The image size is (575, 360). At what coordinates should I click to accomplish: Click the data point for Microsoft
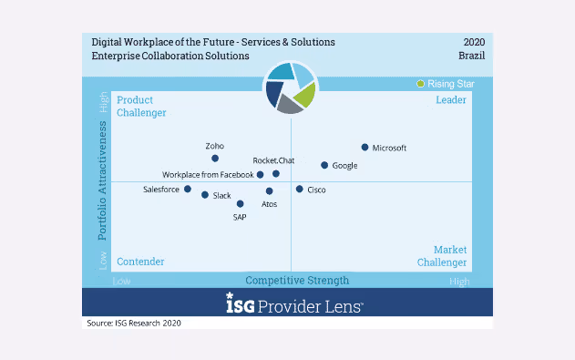click(x=365, y=147)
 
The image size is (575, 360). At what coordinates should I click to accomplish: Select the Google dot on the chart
click(x=323, y=165)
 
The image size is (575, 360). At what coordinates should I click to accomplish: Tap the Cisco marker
click(x=299, y=189)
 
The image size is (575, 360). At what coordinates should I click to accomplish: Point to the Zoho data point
click(x=215, y=159)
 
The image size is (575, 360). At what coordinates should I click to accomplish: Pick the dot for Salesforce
click(x=188, y=190)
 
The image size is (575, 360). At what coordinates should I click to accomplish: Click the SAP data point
click(x=241, y=204)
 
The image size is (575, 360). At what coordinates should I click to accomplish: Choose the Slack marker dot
click(x=205, y=195)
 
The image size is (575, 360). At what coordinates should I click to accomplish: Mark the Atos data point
click(x=270, y=191)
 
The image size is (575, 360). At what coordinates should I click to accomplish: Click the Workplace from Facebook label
click(x=208, y=175)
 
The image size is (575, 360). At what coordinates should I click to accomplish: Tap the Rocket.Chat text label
click(x=273, y=161)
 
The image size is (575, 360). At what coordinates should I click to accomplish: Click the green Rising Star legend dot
click(x=420, y=84)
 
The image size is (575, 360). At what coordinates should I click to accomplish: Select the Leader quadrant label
click(x=451, y=99)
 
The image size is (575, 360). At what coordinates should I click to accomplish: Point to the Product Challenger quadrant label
click(x=141, y=106)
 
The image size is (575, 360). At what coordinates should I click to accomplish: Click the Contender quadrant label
click(x=140, y=262)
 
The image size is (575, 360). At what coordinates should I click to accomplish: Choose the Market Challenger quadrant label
click(x=443, y=256)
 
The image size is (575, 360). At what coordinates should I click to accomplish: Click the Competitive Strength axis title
click(x=297, y=281)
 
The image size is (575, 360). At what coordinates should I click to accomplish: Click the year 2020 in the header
click(x=474, y=42)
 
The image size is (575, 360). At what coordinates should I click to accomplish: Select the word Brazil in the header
click(x=471, y=56)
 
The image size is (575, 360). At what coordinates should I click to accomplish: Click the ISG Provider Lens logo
click(x=294, y=304)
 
